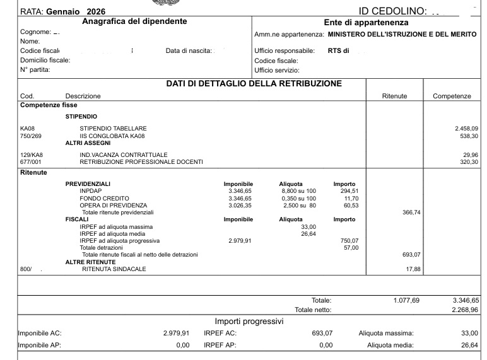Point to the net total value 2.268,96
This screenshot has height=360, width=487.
click(466, 310)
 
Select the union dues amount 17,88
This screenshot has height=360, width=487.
click(413, 269)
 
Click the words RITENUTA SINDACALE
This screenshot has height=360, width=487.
click(114, 269)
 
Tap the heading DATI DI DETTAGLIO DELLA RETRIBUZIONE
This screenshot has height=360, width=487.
click(254, 84)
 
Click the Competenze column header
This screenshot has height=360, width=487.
click(452, 96)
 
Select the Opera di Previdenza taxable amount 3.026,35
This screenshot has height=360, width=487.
click(240, 206)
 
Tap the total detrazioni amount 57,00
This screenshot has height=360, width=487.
click(351, 248)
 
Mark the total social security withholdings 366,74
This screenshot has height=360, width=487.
click(411, 212)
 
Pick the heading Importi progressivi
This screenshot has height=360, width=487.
click(249, 322)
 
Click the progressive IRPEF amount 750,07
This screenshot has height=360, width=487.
click(349, 241)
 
